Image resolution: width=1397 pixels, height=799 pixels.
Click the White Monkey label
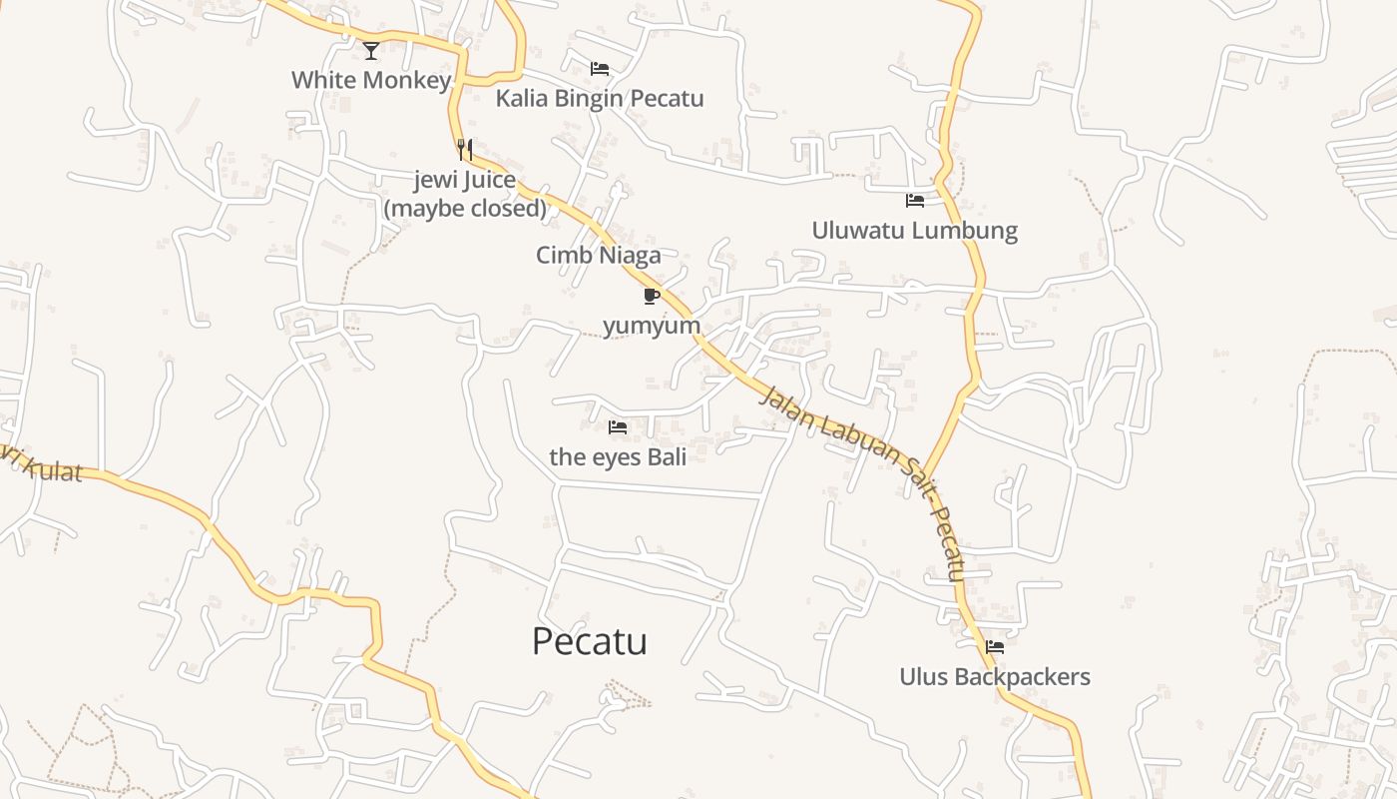pyautogui.click(x=371, y=80)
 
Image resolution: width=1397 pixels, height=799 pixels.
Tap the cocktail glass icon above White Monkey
pyautogui.click(x=371, y=50)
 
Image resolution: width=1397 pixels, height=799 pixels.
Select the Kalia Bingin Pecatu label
pyautogui.click(x=600, y=98)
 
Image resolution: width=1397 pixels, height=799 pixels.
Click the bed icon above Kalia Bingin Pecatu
pyautogui.click(x=600, y=69)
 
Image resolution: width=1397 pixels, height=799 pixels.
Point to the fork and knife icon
pyautogui.click(x=465, y=150)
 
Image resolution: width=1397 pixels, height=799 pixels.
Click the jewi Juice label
pyautogui.click(x=465, y=181)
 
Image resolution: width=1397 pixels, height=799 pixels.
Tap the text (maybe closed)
pyautogui.click(x=465, y=208)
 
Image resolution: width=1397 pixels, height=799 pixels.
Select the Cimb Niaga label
pyautogui.click(x=599, y=255)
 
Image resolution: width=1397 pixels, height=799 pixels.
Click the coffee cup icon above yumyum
pyautogui.click(x=652, y=296)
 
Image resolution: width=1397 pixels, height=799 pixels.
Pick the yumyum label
pyautogui.click(x=652, y=326)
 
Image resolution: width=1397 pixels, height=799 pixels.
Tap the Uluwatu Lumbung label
pyautogui.click(x=914, y=230)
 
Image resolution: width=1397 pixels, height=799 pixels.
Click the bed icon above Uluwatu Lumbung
pyautogui.click(x=915, y=201)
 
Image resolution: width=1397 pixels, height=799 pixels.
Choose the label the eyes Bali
pyautogui.click(x=618, y=457)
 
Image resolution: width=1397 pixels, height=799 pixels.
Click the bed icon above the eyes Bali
pyautogui.click(x=618, y=427)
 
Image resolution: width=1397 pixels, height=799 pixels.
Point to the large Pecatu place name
pyautogui.click(x=589, y=641)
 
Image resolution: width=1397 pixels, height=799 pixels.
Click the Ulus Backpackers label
pyautogui.click(x=995, y=676)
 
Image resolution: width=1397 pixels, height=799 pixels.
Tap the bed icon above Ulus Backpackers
pyautogui.click(x=995, y=647)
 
